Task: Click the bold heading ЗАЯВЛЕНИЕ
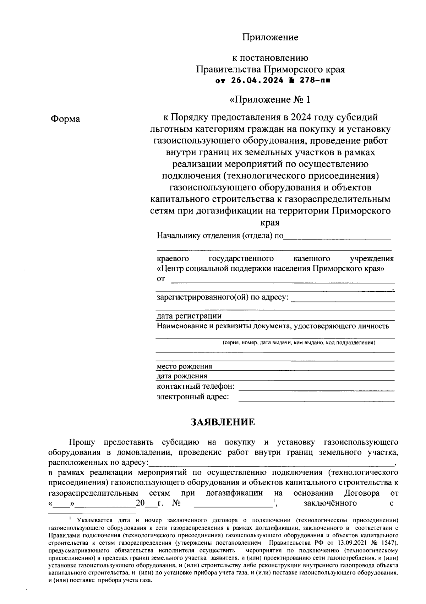coord(223,422)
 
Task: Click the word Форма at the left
coord(65,119)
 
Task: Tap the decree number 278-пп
coord(315,80)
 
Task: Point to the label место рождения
coord(184,366)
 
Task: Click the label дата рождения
coord(182,376)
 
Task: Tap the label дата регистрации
coord(189,316)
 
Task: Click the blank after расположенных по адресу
coord(272,463)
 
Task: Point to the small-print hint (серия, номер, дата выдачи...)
coord(299,343)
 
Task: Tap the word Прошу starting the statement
coord(82,442)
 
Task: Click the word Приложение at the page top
coord(270,37)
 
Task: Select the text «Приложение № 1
coord(270,99)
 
